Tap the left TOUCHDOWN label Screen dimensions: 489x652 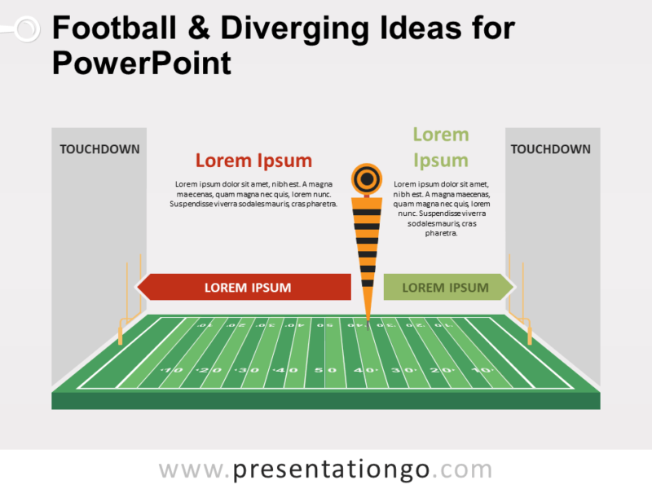coord(99,149)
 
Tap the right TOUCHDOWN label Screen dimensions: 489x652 coord(551,149)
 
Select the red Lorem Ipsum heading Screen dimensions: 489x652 coord(253,161)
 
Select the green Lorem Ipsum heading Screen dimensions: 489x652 coord(440,148)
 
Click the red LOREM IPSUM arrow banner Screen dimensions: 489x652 coord(244,287)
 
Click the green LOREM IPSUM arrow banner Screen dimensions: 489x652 coord(447,287)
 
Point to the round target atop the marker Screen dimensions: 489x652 coord(366,178)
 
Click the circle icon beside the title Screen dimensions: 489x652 coord(27,30)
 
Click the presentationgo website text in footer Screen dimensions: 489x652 coord(325,469)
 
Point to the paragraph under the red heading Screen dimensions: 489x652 coord(253,194)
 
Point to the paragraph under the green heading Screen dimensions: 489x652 coord(441,209)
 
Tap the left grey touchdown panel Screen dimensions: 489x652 coord(99,244)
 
